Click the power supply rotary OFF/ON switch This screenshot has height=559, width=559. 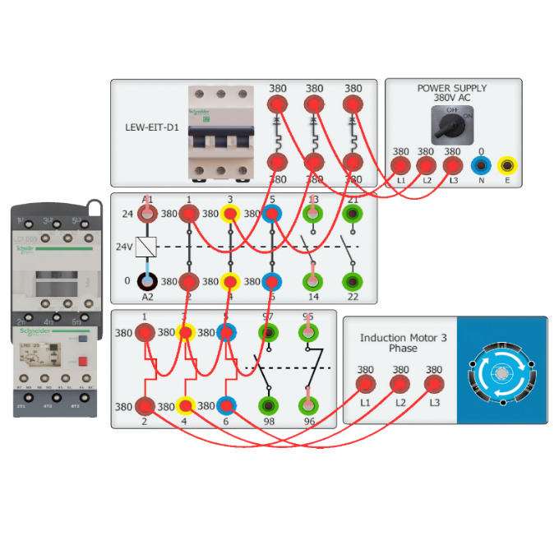(452, 124)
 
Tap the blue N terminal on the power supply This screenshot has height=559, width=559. (482, 164)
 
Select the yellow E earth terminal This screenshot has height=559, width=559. (507, 164)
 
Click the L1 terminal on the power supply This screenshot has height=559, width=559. (400, 165)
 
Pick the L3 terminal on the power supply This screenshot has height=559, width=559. (452, 165)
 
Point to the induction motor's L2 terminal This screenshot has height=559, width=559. (400, 384)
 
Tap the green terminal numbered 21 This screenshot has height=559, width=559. (353, 215)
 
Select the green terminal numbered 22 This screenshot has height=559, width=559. (353, 282)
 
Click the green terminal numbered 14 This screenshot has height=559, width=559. (312, 282)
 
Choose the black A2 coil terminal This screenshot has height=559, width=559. (147, 282)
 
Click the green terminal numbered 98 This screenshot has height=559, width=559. (268, 405)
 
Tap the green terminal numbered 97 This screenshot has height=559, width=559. (268, 333)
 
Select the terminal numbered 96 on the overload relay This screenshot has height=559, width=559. (308, 405)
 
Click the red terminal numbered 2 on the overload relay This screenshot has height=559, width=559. (146, 406)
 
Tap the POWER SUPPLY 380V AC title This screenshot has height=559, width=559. (451, 93)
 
